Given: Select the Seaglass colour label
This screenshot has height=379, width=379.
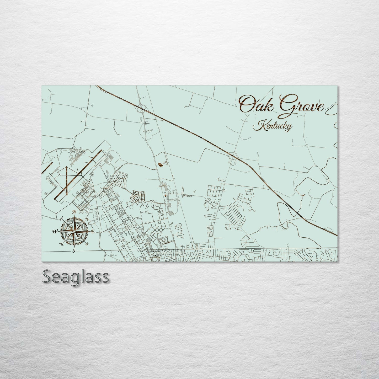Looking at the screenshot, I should coord(75,276).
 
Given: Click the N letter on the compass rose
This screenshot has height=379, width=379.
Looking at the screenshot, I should coord(74,212).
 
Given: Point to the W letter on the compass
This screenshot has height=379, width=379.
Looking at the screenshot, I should coord(55,231).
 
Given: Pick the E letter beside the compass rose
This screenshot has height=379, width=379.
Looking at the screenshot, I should coord(93,232).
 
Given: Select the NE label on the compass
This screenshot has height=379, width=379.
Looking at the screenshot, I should coord(87,219).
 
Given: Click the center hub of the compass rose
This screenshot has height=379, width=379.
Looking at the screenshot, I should coord(74,231).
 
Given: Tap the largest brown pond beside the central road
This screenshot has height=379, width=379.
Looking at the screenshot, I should coord(160,164).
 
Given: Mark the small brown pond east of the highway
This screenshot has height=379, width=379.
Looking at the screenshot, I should coord(303,195).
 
